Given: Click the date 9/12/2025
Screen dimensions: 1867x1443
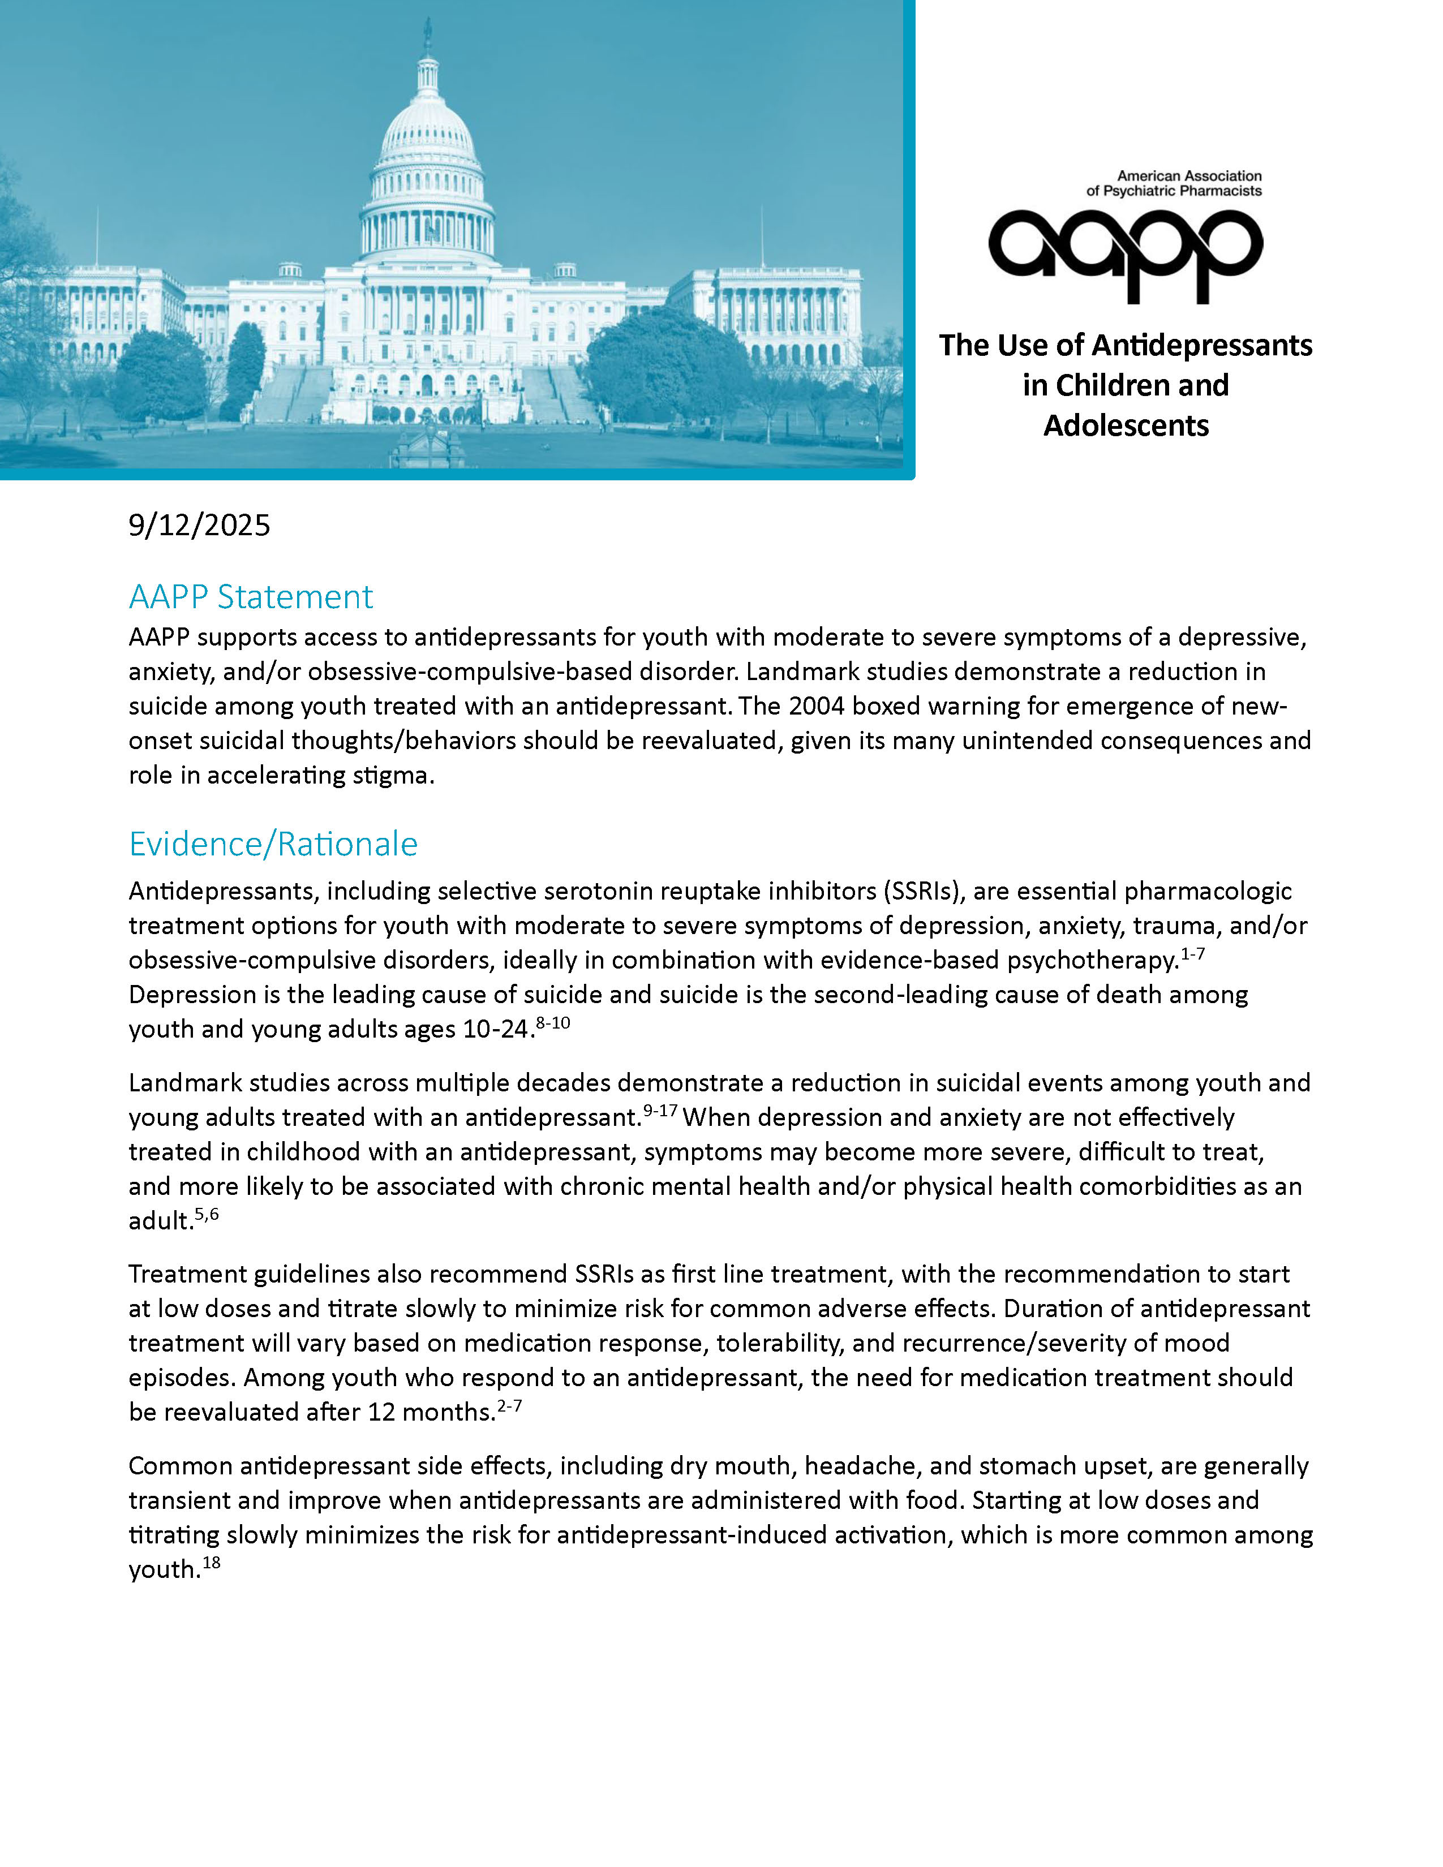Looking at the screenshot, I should point(199,525).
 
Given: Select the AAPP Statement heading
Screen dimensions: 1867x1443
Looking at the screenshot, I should point(251,597).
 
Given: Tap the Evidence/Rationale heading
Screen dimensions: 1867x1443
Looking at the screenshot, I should point(273,844).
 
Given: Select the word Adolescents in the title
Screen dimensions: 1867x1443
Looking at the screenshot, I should point(1126,425).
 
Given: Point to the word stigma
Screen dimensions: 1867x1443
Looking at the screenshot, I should point(396,775).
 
